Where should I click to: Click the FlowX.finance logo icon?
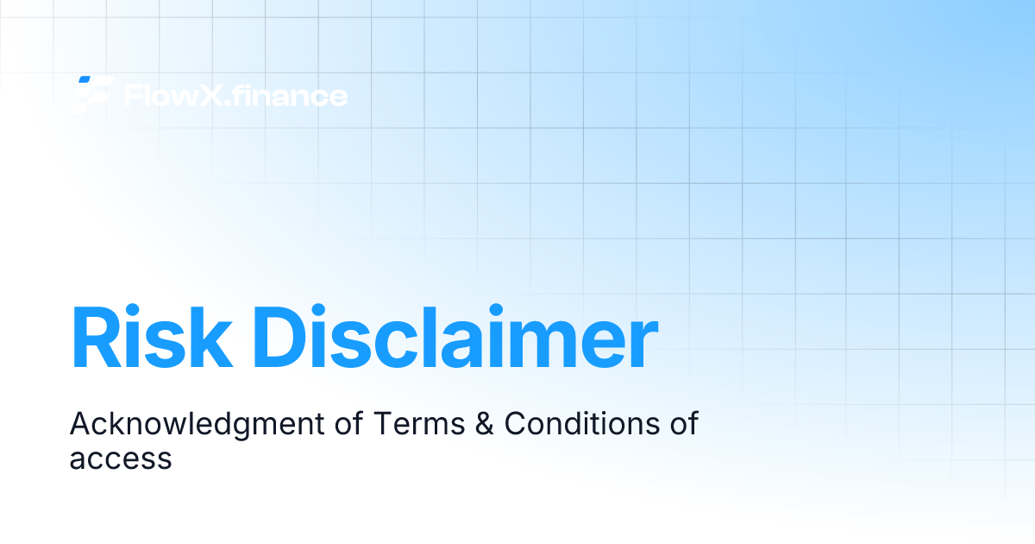[92, 94]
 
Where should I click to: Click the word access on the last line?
[121, 459]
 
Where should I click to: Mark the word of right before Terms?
[348, 424]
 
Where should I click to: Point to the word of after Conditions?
[682, 424]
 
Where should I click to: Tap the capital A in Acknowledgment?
[79, 424]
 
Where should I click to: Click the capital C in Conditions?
[516, 424]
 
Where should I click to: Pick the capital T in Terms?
[381, 424]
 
